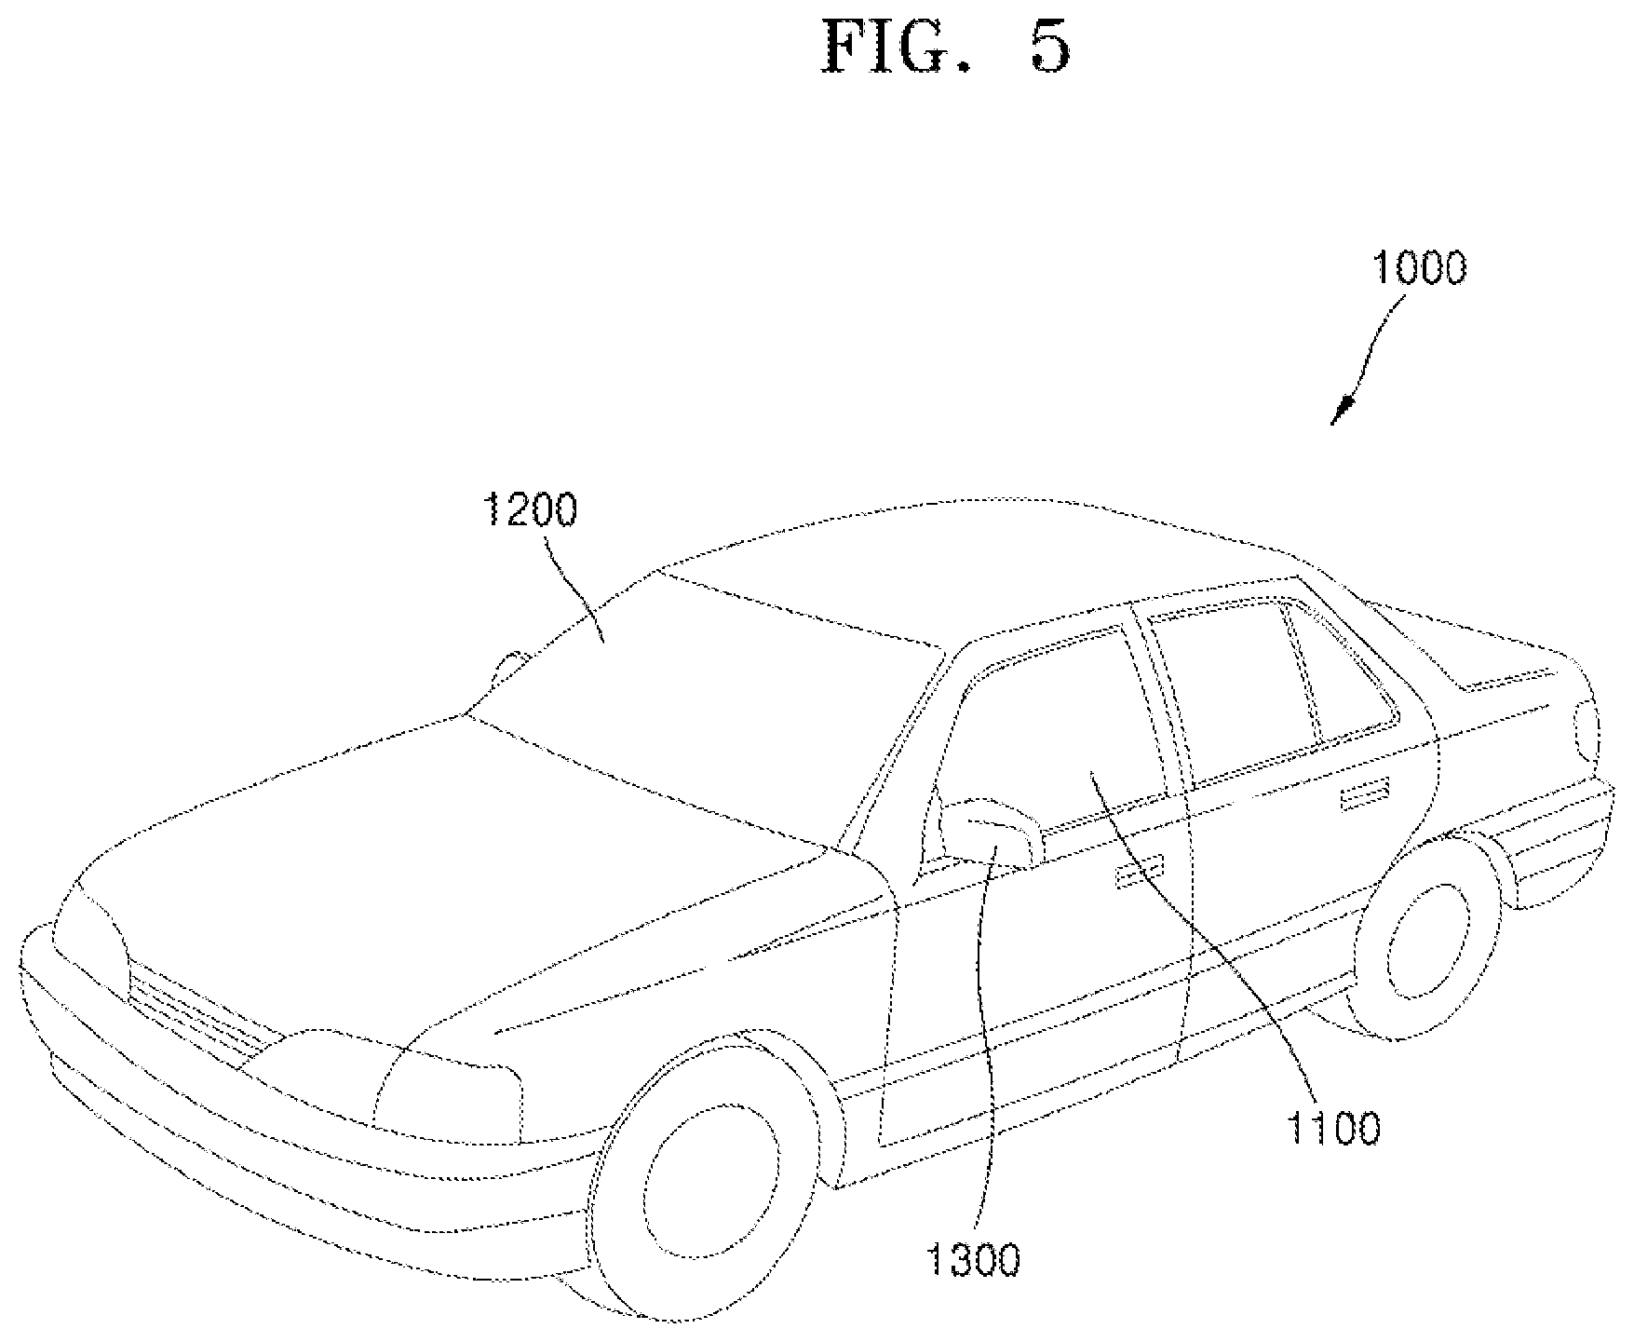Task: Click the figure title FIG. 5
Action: tap(945, 47)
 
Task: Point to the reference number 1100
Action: tap(1333, 1129)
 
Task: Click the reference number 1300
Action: tap(974, 1261)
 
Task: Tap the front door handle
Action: tap(1138, 872)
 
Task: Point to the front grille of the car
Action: tap(200, 1010)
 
